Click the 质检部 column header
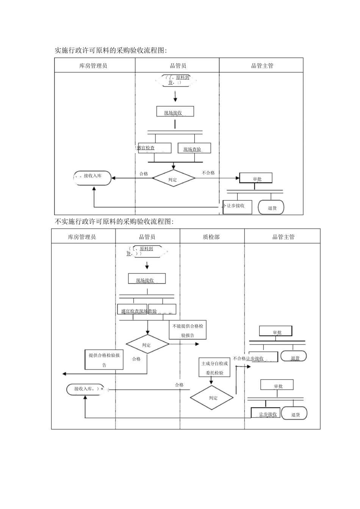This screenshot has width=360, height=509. pyautogui.click(x=212, y=237)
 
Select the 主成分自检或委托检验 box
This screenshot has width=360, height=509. pyautogui.click(x=215, y=368)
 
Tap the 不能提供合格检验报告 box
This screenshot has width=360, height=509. pyautogui.click(x=188, y=330)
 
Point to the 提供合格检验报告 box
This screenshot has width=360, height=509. pyautogui.click(x=104, y=360)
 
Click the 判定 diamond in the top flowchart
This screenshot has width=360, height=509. pyautogui.click(x=173, y=179)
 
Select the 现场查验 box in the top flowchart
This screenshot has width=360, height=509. pyautogui.click(x=194, y=148)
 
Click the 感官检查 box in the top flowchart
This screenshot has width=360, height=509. pyautogui.click(x=154, y=148)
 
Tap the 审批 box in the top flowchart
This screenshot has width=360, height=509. pyautogui.click(x=256, y=178)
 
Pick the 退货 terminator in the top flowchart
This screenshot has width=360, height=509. pyautogui.click(x=271, y=208)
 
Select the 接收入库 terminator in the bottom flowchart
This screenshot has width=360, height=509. pyautogui.click(x=85, y=389)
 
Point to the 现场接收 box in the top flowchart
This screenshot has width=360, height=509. pyautogui.click(x=175, y=112)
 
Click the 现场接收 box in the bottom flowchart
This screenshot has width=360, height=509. pyautogui.click(x=147, y=279)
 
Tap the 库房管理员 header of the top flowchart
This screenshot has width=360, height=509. pyautogui.click(x=94, y=66)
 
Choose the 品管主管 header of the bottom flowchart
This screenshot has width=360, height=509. pyautogui.click(x=283, y=237)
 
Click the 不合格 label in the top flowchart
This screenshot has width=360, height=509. pyautogui.click(x=208, y=173)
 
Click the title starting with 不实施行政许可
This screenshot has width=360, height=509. pyautogui.click(x=114, y=222)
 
